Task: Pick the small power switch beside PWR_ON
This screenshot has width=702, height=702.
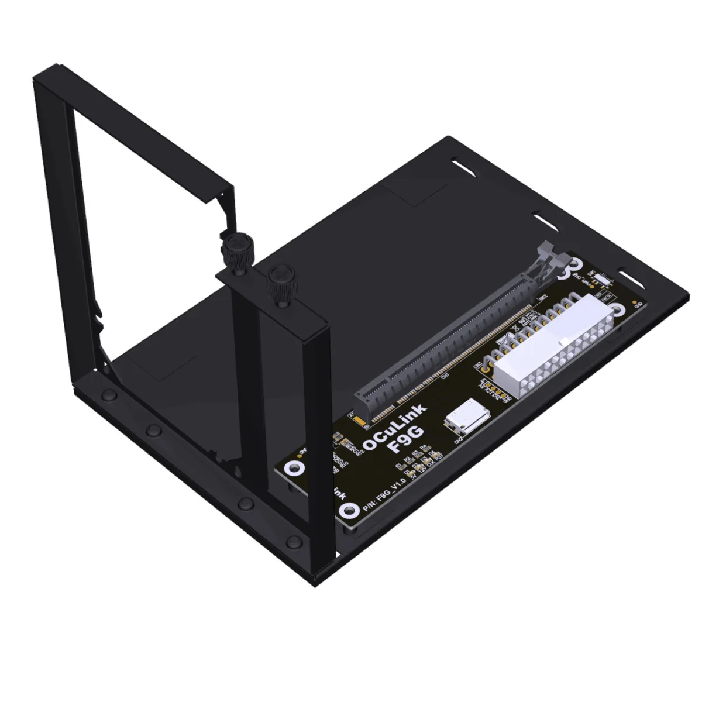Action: tap(605, 281)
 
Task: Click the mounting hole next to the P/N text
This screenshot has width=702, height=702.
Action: tap(350, 510)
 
